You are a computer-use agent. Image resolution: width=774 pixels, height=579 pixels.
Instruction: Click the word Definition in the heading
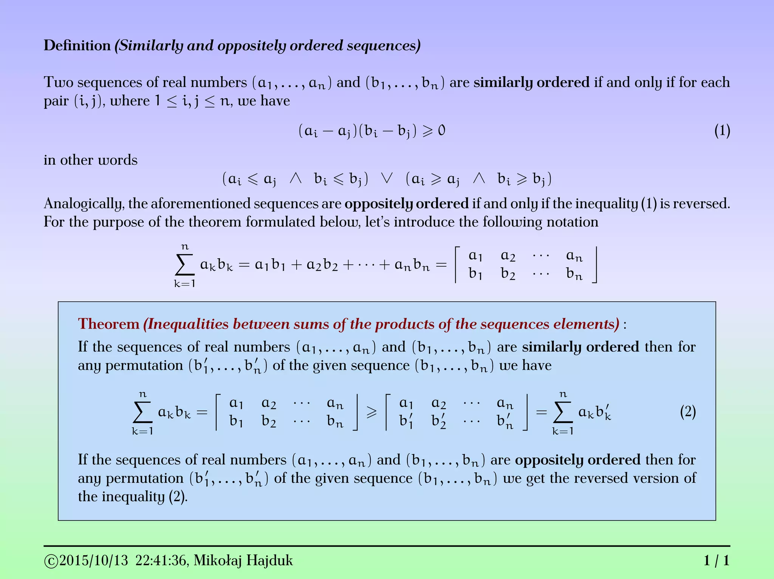click(77, 46)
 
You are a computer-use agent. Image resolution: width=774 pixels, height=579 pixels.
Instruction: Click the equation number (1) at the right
click(722, 131)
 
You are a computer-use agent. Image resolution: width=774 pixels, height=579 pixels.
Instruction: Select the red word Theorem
click(109, 324)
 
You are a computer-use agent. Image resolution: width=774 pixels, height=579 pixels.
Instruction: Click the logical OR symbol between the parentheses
click(387, 178)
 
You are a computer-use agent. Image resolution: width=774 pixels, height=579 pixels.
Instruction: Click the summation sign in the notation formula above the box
click(185, 265)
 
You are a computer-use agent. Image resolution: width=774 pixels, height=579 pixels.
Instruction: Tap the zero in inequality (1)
click(441, 131)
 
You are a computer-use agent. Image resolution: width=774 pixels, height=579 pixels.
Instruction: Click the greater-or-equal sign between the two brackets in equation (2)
click(372, 412)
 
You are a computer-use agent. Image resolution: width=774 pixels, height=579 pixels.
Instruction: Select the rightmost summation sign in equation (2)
click(563, 412)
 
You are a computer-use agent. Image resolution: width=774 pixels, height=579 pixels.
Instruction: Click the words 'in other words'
click(91, 160)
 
